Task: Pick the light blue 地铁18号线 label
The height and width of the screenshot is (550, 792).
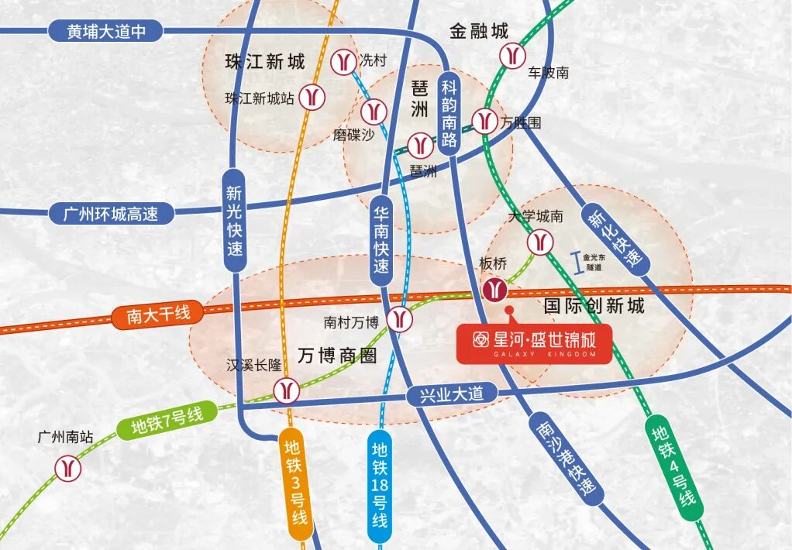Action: tap(379, 484)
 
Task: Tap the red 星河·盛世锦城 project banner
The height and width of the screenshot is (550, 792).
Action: tap(534, 344)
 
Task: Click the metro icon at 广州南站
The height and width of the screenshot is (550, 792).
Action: tap(68, 467)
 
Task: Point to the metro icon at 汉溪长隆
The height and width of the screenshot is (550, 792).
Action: tap(287, 390)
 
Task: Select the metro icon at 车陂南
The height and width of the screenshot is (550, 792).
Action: tap(511, 55)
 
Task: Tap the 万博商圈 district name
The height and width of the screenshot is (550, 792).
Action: tap(337, 356)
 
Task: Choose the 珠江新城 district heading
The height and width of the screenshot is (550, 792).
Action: tap(264, 62)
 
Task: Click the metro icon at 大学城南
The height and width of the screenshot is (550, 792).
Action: tap(539, 242)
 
